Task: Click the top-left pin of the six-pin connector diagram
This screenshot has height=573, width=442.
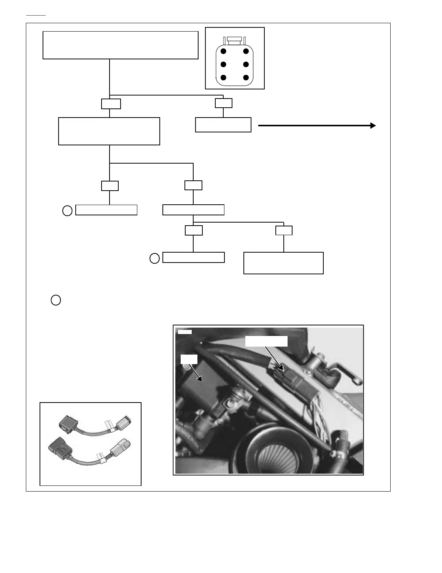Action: click(224, 51)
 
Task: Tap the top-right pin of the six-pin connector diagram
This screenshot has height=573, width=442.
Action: click(246, 51)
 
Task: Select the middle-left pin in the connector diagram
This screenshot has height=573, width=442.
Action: click(224, 65)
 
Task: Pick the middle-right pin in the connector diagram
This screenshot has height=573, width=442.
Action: click(246, 65)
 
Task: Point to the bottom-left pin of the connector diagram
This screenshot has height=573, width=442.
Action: click(224, 78)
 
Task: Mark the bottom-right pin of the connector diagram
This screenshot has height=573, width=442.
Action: click(246, 78)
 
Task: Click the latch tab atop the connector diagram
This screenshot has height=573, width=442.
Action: click(235, 40)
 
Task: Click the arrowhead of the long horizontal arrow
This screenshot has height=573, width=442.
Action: click(373, 126)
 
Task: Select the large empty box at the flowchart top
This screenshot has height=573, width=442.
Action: click(121, 45)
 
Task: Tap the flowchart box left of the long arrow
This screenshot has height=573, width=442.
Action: click(223, 125)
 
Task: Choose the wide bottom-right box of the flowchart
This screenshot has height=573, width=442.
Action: click(283, 263)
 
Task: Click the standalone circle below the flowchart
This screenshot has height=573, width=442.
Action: click(56, 300)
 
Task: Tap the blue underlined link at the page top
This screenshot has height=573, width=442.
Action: click(36, 15)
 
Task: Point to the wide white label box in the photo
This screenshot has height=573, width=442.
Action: click(266, 341)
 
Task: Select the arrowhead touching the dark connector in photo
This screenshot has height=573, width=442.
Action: click(281, 368)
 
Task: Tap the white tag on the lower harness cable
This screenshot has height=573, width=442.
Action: click(100, 456)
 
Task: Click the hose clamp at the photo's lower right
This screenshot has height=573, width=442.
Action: click(335, 453)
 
